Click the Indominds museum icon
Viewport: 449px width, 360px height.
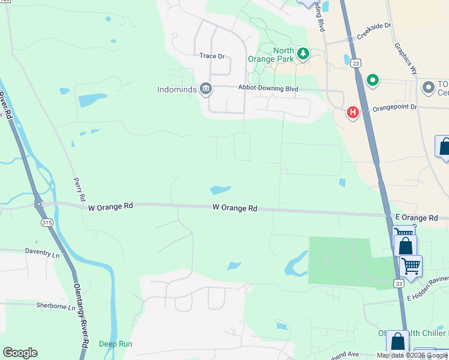[206, 89]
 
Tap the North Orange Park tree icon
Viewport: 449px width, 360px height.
[304, 55]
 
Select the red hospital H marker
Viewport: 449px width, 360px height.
[353, 112]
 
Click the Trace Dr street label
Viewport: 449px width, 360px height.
[212, 56]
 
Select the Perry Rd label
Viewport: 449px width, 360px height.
[79, 189]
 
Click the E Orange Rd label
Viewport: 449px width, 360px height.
[416, 218]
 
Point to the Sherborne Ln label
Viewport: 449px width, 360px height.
[56, 307]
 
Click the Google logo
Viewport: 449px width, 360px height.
[20, 353]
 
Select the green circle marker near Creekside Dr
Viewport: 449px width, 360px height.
[372, 80]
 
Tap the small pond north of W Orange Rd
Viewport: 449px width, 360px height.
[220, 190]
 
